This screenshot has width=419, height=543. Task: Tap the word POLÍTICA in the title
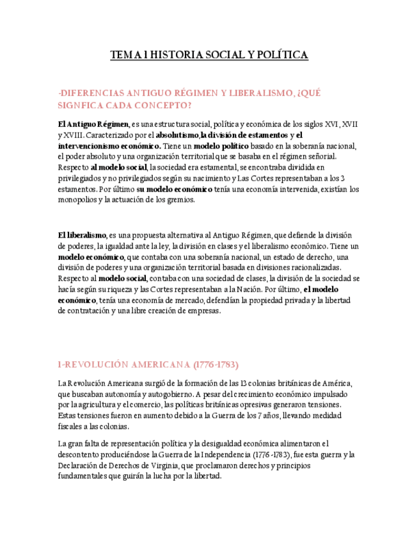pos(281,56)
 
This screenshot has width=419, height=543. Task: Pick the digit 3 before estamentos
pos(343,178)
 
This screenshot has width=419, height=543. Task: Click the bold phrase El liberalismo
pos(82,236)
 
